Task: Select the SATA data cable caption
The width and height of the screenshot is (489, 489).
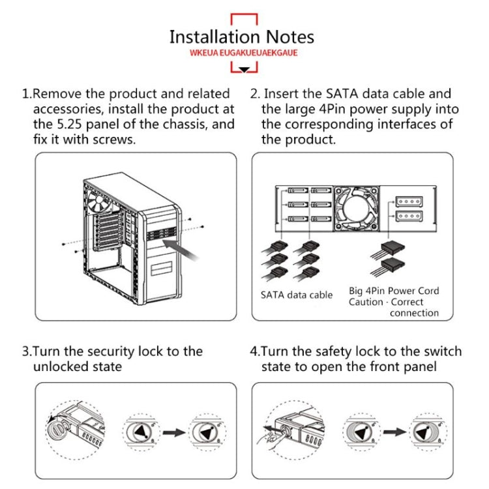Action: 297,295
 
